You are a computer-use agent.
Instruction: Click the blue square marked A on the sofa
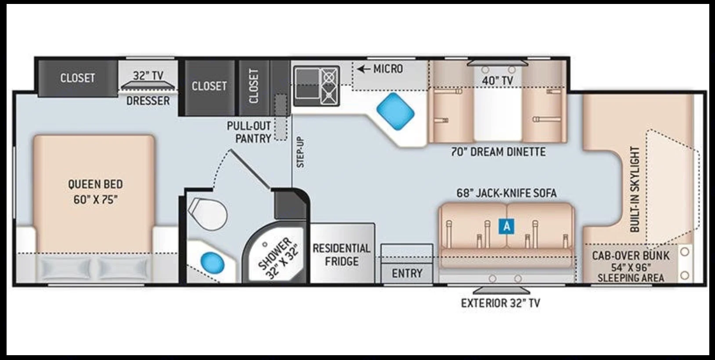507,226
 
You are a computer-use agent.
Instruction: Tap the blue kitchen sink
395,112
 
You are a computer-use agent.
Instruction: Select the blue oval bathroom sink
213,263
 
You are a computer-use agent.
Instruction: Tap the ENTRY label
407,274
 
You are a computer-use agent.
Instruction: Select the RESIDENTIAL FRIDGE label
341,255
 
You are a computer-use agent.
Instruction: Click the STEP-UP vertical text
300,152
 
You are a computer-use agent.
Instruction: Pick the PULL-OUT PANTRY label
249,132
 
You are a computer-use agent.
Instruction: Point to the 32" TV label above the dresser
148,76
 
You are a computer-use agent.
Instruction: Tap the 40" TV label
498,81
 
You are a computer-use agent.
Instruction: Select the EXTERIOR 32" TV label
500,303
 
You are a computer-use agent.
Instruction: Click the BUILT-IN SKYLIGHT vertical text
635,189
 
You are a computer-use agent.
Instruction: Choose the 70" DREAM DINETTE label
498,152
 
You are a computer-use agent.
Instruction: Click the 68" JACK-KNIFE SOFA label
506,193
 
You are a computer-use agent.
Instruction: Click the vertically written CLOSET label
254,86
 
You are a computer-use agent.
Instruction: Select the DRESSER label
148,101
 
